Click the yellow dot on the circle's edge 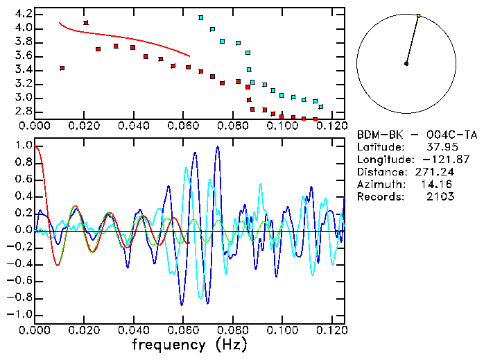419,15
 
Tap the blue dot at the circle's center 406,64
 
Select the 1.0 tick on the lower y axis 23,146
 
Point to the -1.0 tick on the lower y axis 21,314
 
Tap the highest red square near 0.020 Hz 86,23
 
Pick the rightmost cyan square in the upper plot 320,107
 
